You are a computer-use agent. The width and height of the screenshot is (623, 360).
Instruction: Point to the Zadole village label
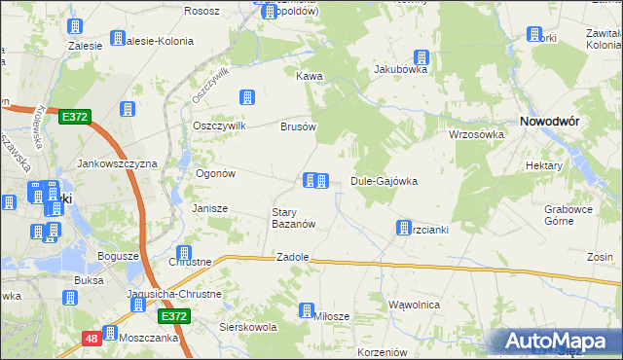tap(293, 257)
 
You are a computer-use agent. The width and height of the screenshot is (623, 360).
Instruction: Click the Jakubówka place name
tap(401, 70)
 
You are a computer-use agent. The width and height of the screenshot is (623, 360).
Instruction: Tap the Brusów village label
tap(299, 126)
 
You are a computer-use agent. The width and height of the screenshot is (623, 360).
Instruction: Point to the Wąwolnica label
tap(414, 305)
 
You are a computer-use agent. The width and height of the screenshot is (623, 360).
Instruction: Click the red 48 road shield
tap(91, 338)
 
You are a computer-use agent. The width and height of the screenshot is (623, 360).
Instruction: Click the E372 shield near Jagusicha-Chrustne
tap(173, 316)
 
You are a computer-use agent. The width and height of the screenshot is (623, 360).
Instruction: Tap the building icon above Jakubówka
tap(421, 56)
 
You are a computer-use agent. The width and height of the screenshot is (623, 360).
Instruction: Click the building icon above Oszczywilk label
tap(247, 97)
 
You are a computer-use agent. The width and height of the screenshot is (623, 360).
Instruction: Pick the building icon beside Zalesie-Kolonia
tap(118, 39)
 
